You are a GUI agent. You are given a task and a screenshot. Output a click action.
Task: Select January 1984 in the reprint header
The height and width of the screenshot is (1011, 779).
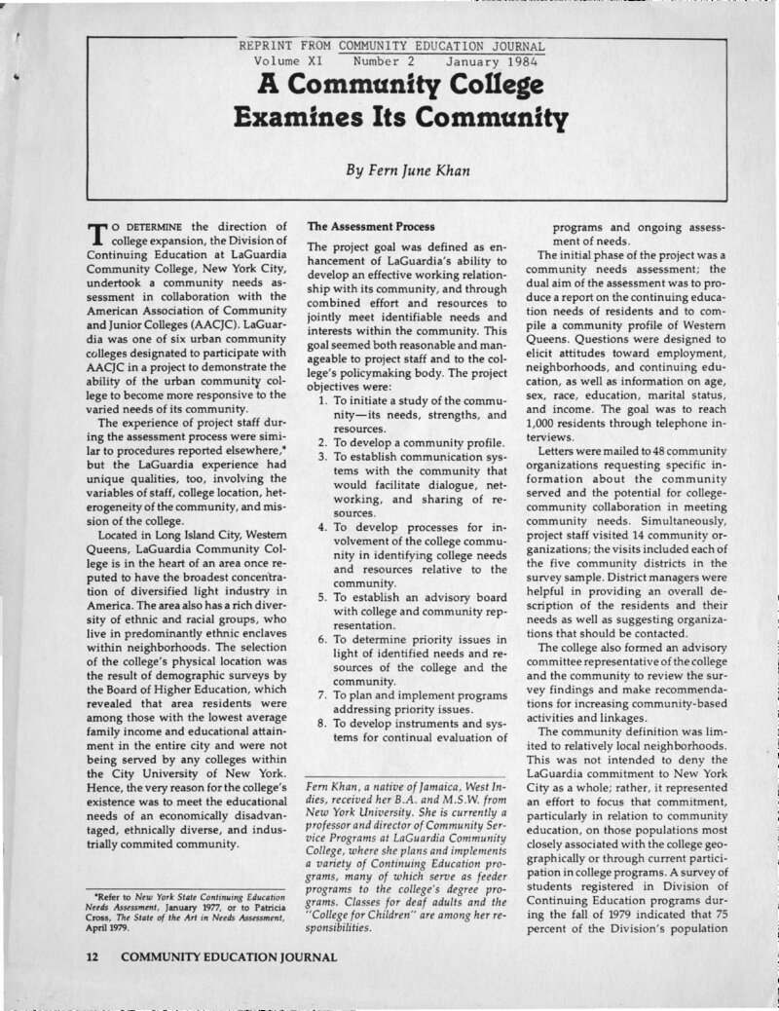tap(492, 61)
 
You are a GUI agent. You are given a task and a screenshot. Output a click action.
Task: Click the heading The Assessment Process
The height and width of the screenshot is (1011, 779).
tap(371, 226)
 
